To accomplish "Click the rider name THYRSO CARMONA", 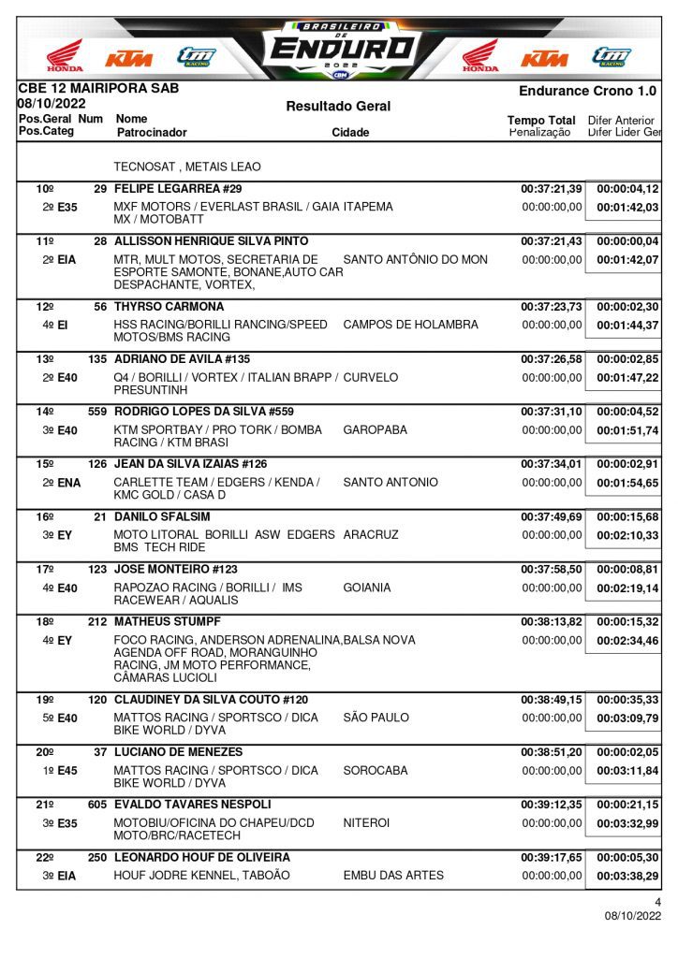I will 169,307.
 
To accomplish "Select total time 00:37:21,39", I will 552,189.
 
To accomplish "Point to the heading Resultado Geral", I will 338,107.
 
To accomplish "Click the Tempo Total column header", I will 541,121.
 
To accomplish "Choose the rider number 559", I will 96,412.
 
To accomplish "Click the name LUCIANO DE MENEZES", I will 178,752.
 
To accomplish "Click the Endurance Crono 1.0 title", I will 587,92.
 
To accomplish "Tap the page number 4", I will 657,902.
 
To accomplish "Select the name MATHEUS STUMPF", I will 168,621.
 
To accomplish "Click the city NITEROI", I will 367,822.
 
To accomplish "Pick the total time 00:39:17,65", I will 552,857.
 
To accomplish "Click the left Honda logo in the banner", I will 65,56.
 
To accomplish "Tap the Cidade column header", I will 350,133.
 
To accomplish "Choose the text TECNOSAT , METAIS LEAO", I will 187,167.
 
